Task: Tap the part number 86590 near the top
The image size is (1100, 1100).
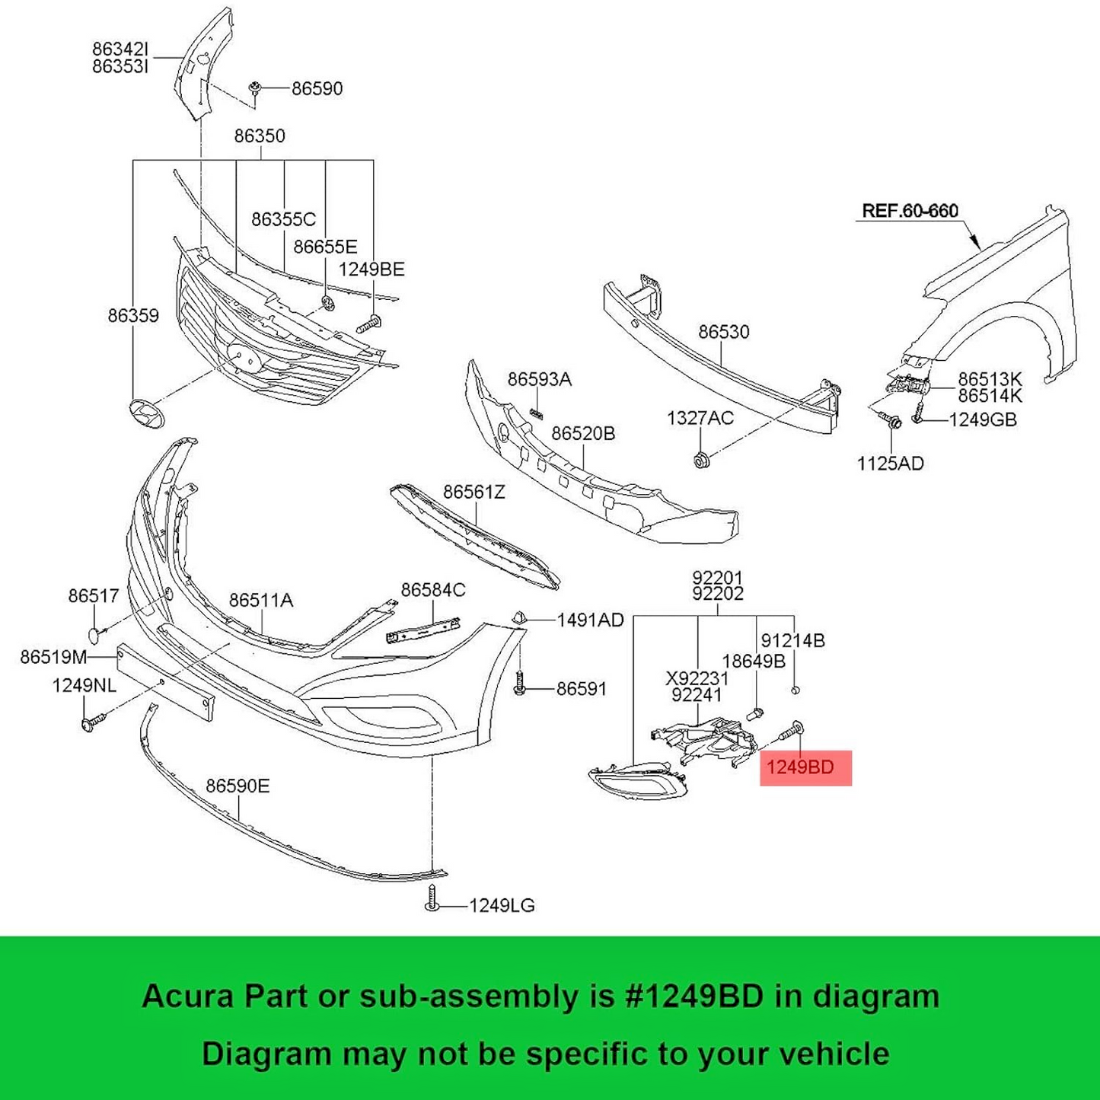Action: tap(317, 88)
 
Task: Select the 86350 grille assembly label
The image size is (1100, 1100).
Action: tap(260, 136)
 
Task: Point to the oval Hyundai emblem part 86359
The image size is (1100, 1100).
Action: tap(148, 412)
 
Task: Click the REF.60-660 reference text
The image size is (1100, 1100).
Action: tap(910, 211)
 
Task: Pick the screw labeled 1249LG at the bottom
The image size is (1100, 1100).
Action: tap(432, 899)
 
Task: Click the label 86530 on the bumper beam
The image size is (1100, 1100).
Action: tap(723, 332)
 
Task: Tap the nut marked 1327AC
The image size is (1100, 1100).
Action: tap(701, 460)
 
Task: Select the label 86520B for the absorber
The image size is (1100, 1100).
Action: tap(583, 433)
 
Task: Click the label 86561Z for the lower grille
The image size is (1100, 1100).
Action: tap(473, 492)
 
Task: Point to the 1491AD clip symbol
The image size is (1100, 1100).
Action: tap(519, 617)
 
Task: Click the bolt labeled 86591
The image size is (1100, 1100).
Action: tap(520, 683)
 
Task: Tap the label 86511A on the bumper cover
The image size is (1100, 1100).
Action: tap(261, 600)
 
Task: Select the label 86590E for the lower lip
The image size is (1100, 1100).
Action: tap(238, 785)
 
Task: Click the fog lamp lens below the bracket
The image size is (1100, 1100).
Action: tap(636, 781)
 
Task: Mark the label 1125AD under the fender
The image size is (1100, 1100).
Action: tap(890, 463)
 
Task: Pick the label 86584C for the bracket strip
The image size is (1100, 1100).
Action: tap(432, 589)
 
